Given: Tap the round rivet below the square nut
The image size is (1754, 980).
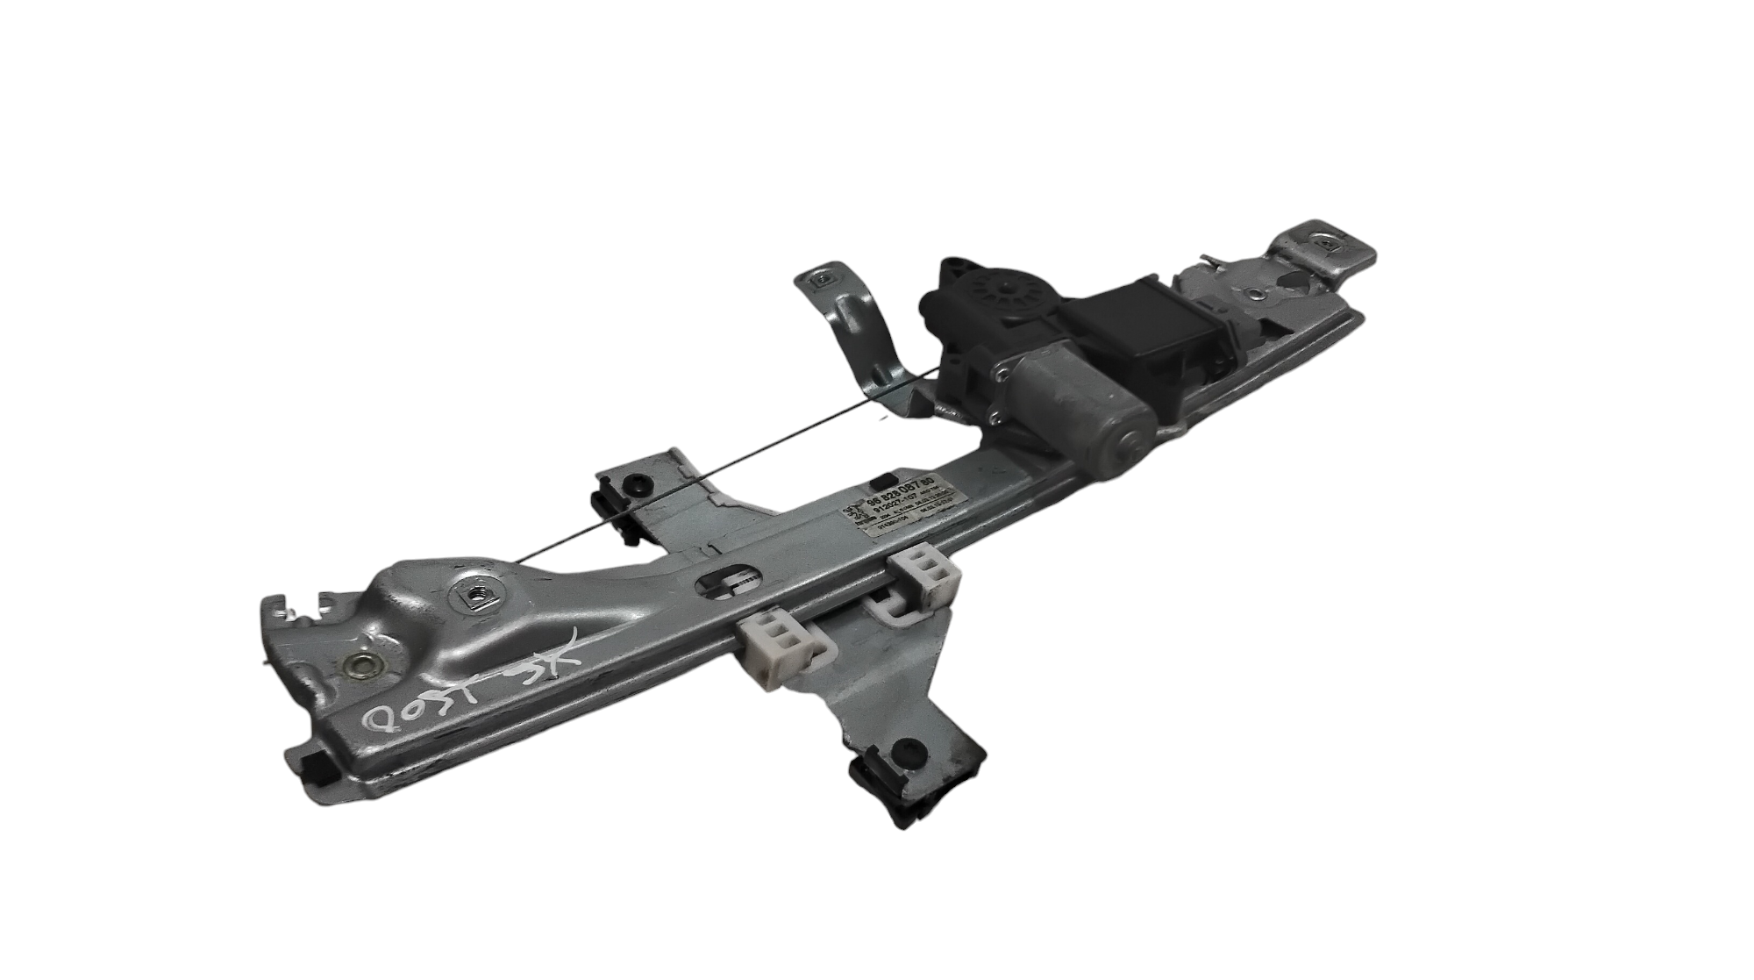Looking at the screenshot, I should (x=362, y=664).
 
